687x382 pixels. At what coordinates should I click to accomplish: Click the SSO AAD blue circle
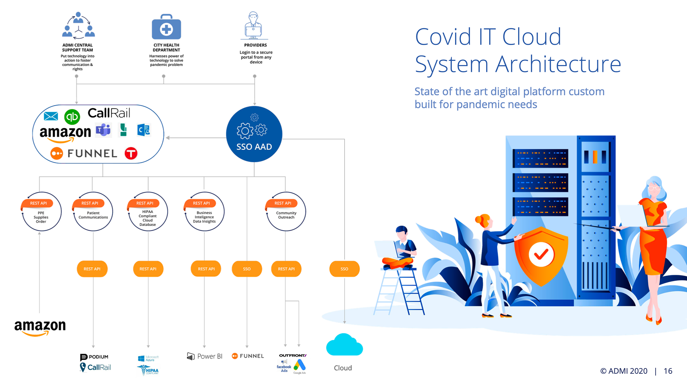point(254,134)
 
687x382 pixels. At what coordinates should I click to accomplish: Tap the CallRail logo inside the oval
point(109,113)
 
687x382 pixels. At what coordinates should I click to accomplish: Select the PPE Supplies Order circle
point(41,213)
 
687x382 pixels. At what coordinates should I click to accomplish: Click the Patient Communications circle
point(93,213)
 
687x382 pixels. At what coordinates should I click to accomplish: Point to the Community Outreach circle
point(286,213)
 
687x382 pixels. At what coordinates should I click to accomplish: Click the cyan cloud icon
point(344,345)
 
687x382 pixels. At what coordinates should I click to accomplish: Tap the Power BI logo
point(205,356)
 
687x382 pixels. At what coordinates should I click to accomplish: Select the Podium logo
point(94,357)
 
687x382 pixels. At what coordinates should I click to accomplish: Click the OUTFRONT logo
point(293,355)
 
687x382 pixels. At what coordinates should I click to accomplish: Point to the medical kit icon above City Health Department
point(166,28)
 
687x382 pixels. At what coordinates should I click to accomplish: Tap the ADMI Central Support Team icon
point(78,26)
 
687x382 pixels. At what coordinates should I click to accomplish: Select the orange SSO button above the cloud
point(344,269)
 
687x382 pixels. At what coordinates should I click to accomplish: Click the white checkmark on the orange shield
point(541,254)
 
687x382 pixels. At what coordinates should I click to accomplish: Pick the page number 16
point(668,371)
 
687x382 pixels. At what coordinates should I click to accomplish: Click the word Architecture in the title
point(558,64)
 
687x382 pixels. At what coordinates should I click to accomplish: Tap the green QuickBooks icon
point(72,117)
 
